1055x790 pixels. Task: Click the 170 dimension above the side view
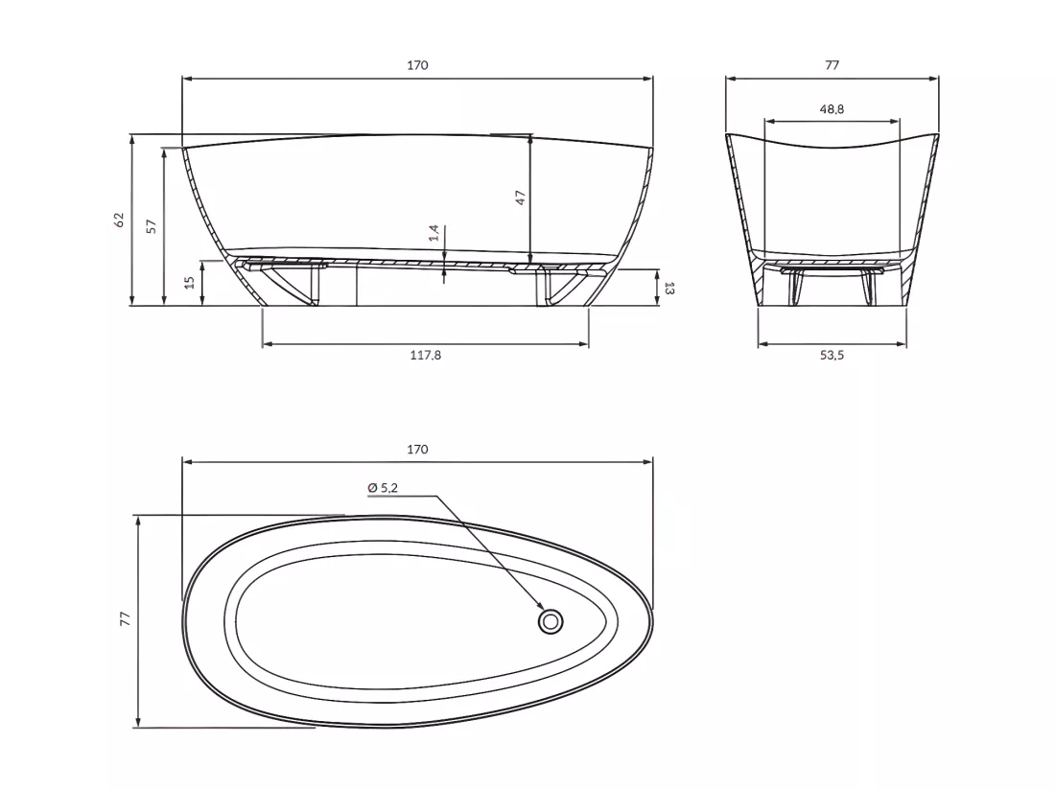417,65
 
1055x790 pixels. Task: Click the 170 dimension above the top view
417,449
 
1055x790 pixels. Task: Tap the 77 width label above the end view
832,65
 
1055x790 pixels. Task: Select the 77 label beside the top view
125,619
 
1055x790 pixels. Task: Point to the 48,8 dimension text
832,109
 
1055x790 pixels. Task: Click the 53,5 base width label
832,355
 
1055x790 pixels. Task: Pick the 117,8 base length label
425,355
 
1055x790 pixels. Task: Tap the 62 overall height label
120,220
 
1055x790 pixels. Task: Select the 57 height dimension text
152,226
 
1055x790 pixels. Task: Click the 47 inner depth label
520,197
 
